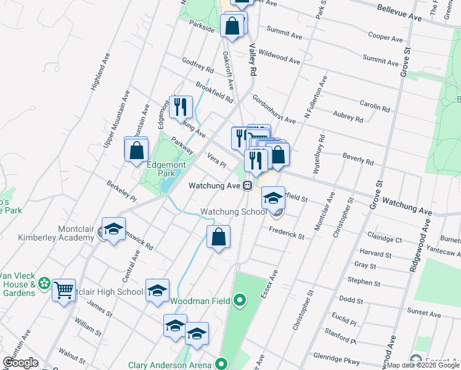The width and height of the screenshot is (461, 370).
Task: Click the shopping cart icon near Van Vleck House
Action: point(64,290)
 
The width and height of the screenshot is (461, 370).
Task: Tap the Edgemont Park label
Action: point(161,170)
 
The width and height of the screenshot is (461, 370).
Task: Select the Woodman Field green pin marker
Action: point(240,300)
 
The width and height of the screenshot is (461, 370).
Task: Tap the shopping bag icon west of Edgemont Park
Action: point(136,150)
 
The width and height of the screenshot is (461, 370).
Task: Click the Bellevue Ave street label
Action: point(399,13)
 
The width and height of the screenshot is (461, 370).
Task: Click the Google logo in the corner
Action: point(20,363)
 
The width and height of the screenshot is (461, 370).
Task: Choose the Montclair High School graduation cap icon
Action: point(157,290)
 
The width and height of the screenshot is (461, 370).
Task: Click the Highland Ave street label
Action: point(100,72)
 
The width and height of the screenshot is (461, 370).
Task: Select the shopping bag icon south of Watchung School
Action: point(219,237)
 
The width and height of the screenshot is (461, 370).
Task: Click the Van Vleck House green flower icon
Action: point(44,284)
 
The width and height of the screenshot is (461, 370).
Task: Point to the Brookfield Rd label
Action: point(214,92)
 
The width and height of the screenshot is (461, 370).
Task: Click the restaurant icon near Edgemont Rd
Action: point(181,107)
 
